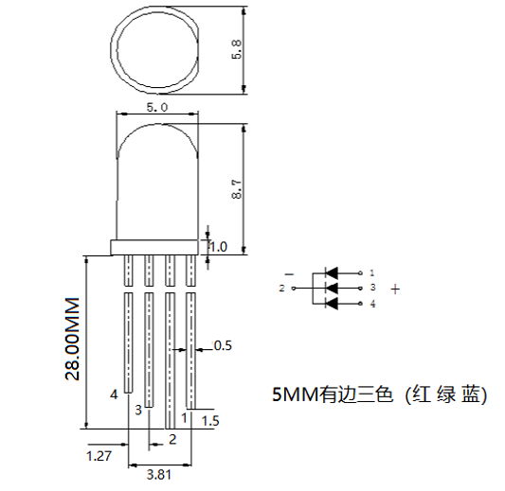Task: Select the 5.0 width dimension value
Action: (x=157, y=109)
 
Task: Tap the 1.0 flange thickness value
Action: (x=219, y=246)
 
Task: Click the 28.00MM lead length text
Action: (x=72, y=342)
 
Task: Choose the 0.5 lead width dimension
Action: (x=223, y=345)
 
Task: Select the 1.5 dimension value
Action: (x=210, y=421)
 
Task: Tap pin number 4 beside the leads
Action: (x=115, y=392)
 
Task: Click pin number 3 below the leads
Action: (x=138, y=410)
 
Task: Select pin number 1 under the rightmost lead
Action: (x=183, y=417)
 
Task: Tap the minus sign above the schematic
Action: (x=289, y=275)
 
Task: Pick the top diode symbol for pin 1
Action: (x=331, y=272)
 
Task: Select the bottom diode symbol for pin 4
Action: (x=331, y=303)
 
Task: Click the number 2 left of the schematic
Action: (x=282, y=288)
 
